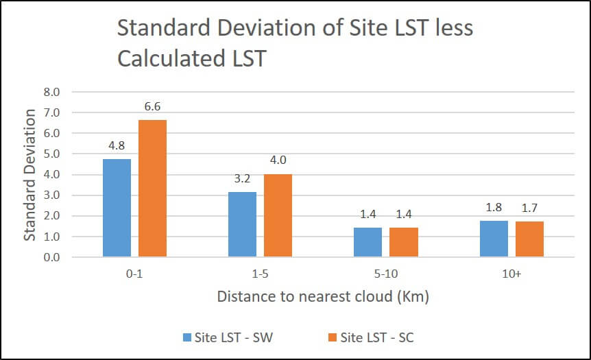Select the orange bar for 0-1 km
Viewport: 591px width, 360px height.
pyautogui.click(x=152, y=189)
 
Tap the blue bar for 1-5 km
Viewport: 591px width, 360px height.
pyautogui.click(x=243, y=224)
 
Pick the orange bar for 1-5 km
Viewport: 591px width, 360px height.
pyautogui.click(x=278, y=215)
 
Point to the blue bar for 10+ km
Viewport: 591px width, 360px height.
pyautogui.click(x=494, y=239)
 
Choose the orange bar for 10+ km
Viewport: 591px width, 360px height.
pyautogui.click(x=529, y=239)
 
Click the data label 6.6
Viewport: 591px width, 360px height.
pyautogui.click(x=152, y=108)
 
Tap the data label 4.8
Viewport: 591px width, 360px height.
pyautogui.click(x=117, y=147)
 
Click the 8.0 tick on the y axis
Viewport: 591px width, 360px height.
pyautogui.click(x=52, y=92)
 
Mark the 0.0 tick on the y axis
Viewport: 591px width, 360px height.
pyautogui.click(x=52, y=258)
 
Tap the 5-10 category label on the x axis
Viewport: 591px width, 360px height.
pyautogui.click(x=385, y=274)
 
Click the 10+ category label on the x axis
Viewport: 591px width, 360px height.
pyautogui.click(x=511, y=274)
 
